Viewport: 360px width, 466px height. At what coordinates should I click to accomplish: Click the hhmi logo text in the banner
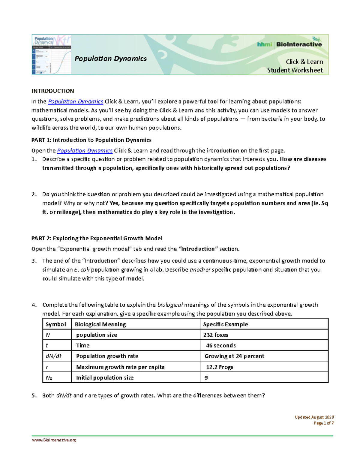pyautogui.click(x=264, y=44)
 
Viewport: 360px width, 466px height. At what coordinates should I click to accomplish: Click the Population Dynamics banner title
pyautogui.click(x=110, y=59)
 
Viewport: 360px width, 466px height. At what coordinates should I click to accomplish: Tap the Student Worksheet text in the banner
pyautogui.click(x=295, y=70)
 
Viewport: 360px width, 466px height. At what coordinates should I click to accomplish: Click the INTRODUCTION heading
pyautogui.click(x=53, y=91)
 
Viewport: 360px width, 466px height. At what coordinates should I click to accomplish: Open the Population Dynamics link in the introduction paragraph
pyautogui.click(x=76, y=102)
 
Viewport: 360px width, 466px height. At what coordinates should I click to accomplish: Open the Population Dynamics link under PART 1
pyautogui.click(x=85, y=151)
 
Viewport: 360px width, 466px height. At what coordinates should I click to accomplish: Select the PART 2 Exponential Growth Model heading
pyautogui.click(x=97, y=238)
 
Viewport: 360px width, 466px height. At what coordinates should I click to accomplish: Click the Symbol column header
pyautogui.click(x=56, y=324)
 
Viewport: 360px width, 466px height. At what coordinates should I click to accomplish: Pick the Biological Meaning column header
pyautogui.click(x=100, y=324)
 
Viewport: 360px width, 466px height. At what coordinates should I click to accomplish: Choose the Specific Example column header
pyautogui.click(x=225, y=324)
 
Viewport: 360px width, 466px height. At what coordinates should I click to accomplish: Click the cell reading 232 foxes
pyautogui.click(x=216, y=335)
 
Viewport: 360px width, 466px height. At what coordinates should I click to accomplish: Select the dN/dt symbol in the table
pyautogui.click(x=53, y=356)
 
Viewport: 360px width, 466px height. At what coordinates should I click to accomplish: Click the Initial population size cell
pyautogui.click(x=105, y=378)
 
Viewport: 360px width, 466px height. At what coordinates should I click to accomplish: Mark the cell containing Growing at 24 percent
pyautogui.click(x=234, y=356)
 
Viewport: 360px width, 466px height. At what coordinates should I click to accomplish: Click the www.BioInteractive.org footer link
pyautogui.click(x=54, y=440)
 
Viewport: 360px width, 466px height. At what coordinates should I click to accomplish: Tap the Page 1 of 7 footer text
pyautogui.click(x=323, y=423)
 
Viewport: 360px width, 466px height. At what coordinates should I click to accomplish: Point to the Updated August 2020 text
pyautogui.click(x=314, y=417)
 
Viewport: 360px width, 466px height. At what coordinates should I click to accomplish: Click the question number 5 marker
pyautogui.click(x=34, y=395)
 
